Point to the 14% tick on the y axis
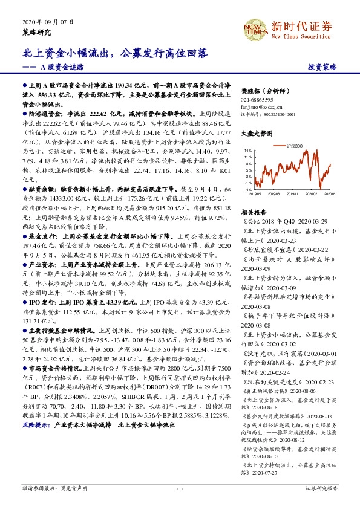tap(247, 149)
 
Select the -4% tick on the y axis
tap(248, 189)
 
